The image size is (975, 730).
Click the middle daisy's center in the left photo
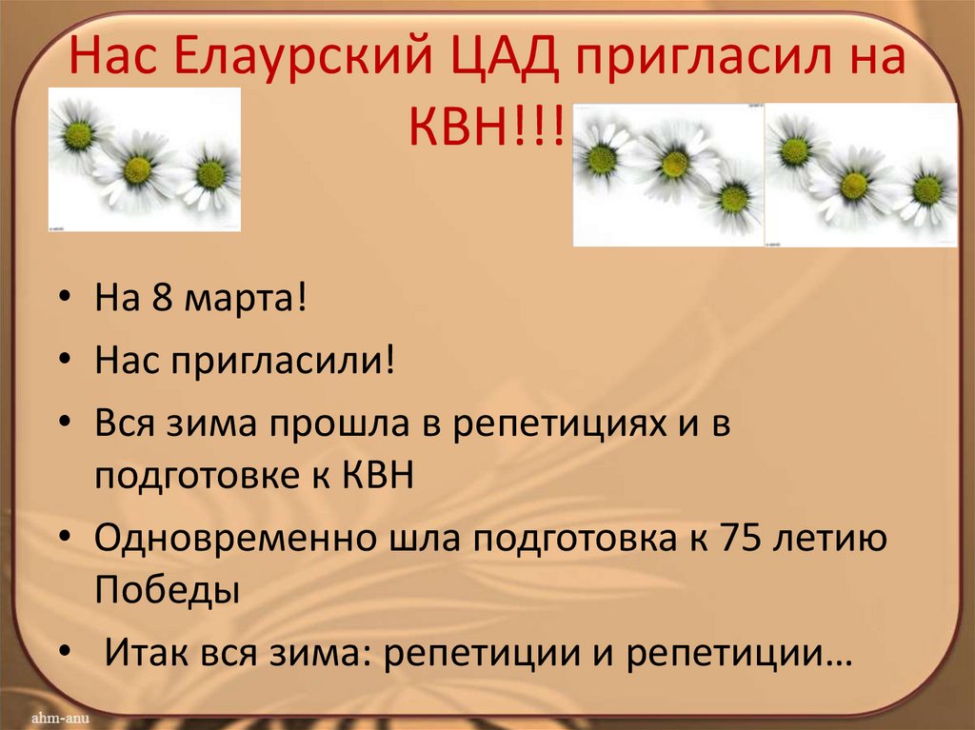coord(138,170)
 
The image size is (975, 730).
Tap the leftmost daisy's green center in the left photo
coord(78,136)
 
